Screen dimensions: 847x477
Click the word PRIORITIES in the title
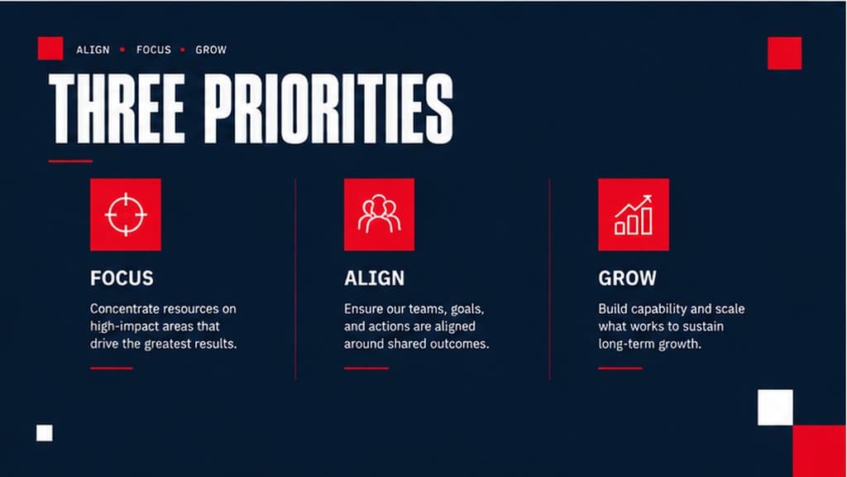coord(328,108)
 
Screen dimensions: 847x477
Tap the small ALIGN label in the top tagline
coord(93,50)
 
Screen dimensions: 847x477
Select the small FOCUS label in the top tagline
coord(153,50)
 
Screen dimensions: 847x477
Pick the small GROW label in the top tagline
coord(211,50)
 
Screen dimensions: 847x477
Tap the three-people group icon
coord(379,214)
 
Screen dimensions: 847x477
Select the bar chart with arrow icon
coord(634,214)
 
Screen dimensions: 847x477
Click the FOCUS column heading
coord(122,278)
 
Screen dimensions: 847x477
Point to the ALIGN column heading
coord(375,278)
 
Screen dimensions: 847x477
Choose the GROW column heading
coord(627,278)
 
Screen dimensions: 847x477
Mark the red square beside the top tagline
coord(50,48)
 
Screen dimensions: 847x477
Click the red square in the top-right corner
coord(784,53)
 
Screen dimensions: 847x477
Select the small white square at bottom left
coord(45,432)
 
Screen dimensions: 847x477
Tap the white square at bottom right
coord(775,407)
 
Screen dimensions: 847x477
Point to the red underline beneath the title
coord(70,161)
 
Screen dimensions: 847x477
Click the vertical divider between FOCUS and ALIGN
coord(295,279)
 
